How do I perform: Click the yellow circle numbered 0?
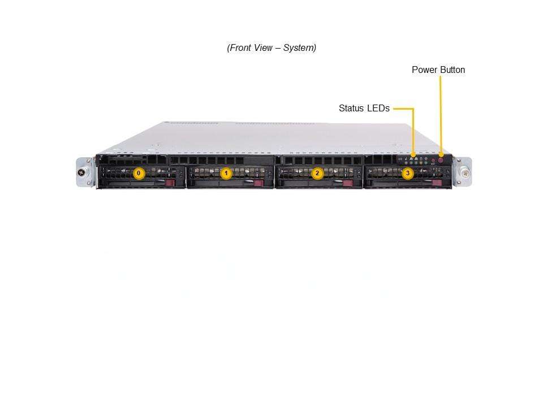tap(139, 173)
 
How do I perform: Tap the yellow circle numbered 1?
tap(226, 173)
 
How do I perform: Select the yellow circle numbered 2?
tap(317, 173)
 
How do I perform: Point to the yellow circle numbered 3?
tap(407, 173)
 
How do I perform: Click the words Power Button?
tap(438, 70)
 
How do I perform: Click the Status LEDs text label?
tap(364, 108)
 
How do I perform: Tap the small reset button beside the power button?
tap(433, 161)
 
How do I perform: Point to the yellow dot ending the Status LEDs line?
tap(413, 154)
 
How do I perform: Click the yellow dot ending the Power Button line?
tap(441, 153)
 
